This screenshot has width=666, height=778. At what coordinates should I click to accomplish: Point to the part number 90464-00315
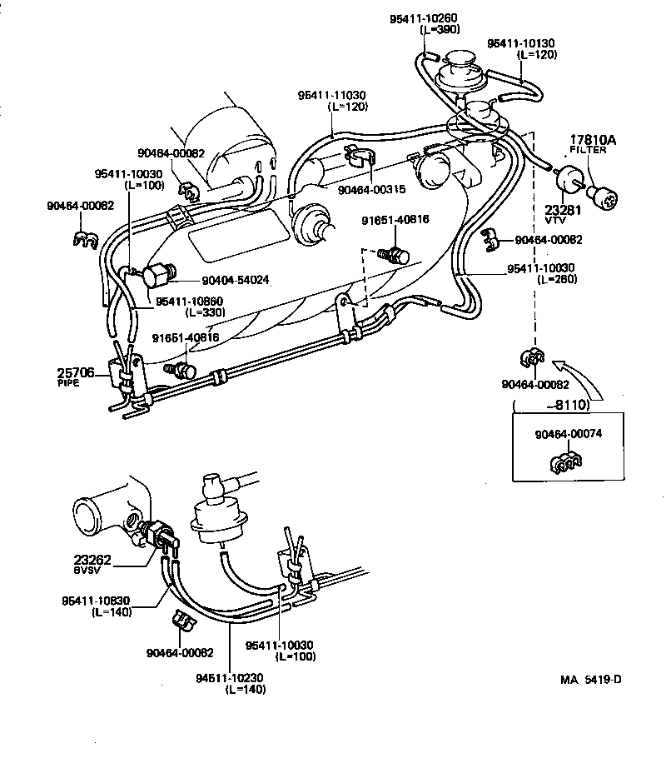pyautogui.click(x=371, y=190)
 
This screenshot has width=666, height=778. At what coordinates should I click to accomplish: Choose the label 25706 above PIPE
pyautogui.click(x=76, y=372)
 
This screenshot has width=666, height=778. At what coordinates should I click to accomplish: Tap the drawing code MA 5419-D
pyautogui.click(x=590, y=680)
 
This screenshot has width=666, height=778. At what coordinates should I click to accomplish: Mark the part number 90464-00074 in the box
pyautogui.click(x=567, y=433)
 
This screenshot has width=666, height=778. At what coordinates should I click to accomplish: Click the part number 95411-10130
pyautogui.click(x=520, y=42)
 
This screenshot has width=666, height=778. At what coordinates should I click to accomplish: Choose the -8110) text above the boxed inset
pyautogui.click(x=568, y=405)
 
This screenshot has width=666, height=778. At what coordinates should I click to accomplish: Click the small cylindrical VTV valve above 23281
pyautogui.click(x=565, y=178)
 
